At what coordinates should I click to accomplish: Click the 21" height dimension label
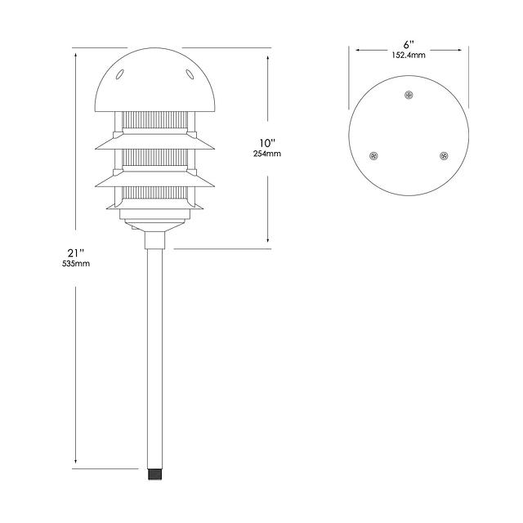click(x=75, y=253)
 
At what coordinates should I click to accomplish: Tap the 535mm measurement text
click(x=76, y=263)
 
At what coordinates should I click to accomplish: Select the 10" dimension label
click(x=268, y=143)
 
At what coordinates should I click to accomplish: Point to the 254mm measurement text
click(x=267, y=154)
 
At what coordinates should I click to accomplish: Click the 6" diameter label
click(x=409, y=45)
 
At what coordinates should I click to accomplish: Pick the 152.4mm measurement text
click(x=409, y=56)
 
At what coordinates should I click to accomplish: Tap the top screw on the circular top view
click(x=409, y=95)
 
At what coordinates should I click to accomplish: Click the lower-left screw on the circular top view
click(x=374, y=156)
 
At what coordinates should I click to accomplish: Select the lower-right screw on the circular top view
click(x=444, y=156)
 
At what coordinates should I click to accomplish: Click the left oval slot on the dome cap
click(x=120, y=74)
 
